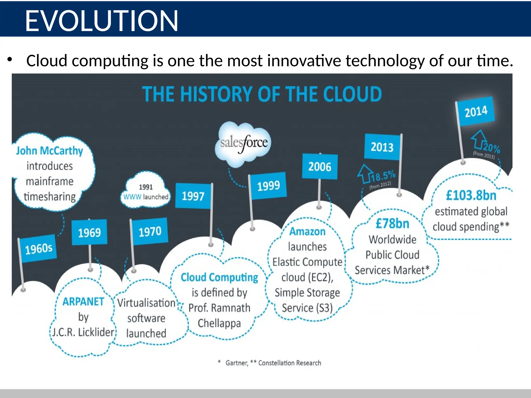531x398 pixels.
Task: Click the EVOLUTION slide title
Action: (x=101, y=21)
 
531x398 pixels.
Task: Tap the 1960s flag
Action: (x=39, y=249)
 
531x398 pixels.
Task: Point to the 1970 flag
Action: (x=150, y=231)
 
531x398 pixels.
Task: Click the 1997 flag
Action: (x=193, y=196)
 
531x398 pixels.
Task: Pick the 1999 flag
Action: (x=268, y=186)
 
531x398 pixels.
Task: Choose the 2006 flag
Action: (x=320, y=167)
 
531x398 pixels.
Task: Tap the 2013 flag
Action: (x=382, y=147)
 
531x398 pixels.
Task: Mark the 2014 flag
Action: (x=476, y=112)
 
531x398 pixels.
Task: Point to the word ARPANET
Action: (x=83, y=302)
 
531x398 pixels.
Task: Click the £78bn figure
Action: (x=392, y=224)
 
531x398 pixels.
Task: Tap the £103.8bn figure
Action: (x=471, y=195)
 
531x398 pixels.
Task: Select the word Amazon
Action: (x=307, y=231)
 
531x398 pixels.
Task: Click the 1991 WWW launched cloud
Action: (x=146, y=192)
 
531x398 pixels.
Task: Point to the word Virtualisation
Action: (x=146, y=303)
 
